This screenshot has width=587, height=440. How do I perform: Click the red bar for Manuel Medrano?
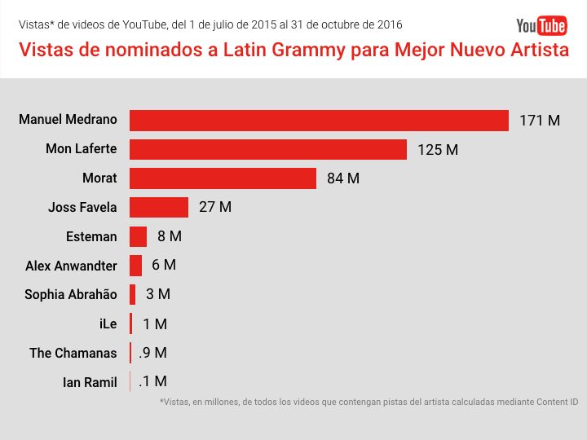click(319, 120)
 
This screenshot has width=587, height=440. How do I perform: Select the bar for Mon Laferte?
click(267, 149)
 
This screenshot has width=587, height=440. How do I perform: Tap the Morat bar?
click(223, 178)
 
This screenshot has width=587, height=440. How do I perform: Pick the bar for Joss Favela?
click(159, 207)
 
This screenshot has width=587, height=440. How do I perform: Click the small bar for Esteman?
click(138, 236)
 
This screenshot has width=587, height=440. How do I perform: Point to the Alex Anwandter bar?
click(135, 266)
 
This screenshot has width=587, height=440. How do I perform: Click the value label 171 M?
click(540, 121)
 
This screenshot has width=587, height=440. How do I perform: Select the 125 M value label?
click(438, 150)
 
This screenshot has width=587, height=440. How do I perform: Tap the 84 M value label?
click(343, 178)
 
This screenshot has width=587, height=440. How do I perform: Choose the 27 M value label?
click(215, 207)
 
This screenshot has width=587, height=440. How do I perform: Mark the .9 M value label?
click(152, 353)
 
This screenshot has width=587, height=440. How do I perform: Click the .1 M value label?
click(152, 381)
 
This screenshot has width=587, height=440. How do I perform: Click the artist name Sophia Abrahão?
click(71, 295)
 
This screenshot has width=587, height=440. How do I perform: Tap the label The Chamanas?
click(73, 353)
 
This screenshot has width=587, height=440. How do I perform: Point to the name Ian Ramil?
click(90, 382)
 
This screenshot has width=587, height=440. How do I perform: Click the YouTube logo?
click(541, 26)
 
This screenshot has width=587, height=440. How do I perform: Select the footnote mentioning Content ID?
click(369, 403)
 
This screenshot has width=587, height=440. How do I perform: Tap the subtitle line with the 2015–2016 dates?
click(210, 25)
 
